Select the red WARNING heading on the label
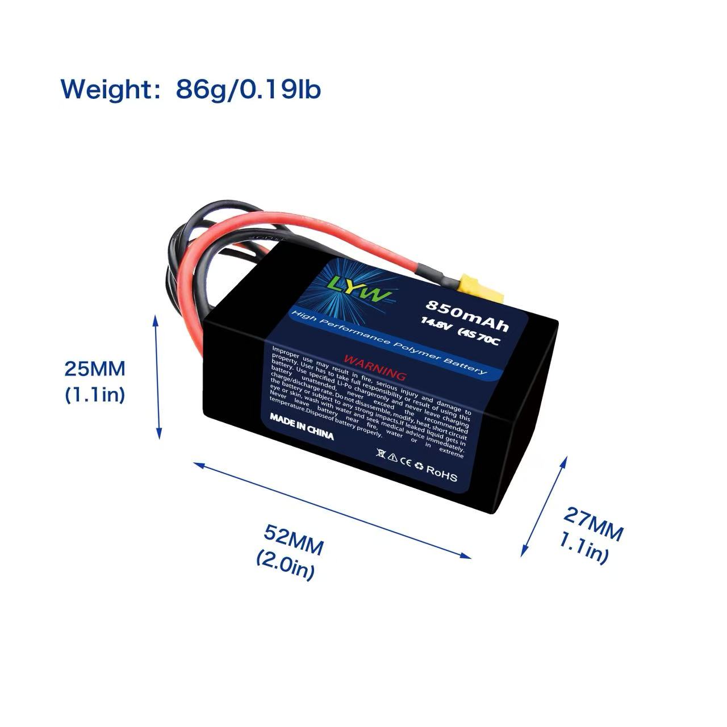point(375,367)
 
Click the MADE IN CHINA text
point(302,427)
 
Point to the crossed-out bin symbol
point(381,454)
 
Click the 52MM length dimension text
point(294,541)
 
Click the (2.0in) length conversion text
point(285,565)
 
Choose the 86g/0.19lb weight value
point(249,89)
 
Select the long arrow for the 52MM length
point(333,509)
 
